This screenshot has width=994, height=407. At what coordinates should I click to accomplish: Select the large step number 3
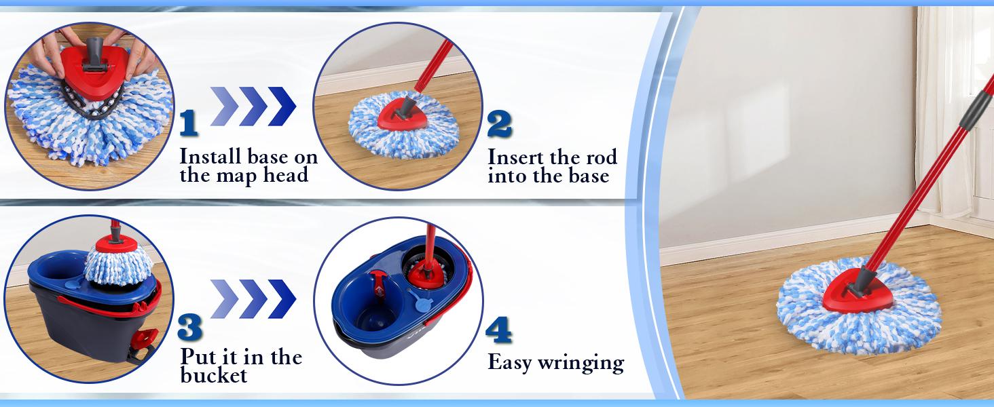click(x=190, y=328)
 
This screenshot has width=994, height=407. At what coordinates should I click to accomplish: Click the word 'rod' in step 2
click(x=599, y=157)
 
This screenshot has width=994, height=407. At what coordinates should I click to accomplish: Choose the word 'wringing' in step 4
click(x=581, y=363)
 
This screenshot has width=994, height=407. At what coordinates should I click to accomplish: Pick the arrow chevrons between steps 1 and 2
click(x=253, y=106)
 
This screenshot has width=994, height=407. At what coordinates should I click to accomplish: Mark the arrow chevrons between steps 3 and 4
click(x=253, y=298)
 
